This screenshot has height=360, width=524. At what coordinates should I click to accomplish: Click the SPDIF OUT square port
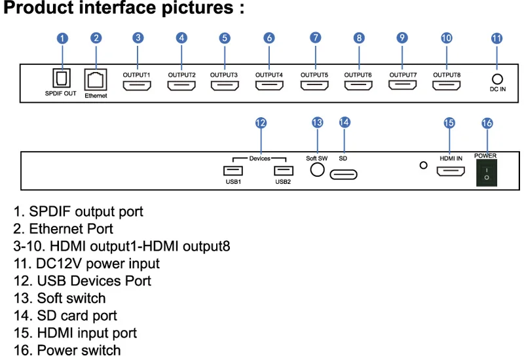62,78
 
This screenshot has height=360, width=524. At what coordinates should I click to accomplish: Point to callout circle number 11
497,38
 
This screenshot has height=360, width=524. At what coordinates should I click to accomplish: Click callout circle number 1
62,38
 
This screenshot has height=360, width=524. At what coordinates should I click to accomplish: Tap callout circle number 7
316,38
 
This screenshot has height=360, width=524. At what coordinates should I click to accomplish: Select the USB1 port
233,170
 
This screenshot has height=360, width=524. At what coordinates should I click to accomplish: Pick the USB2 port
284,170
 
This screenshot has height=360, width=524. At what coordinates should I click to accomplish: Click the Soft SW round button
317,170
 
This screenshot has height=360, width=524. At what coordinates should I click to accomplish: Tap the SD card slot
343,174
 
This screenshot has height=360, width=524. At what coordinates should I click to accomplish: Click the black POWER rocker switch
486,172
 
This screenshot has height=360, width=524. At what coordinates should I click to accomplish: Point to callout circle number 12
261,122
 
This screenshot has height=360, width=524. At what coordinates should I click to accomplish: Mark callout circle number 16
487,122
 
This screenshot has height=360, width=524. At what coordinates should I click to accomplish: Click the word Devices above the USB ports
260,158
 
